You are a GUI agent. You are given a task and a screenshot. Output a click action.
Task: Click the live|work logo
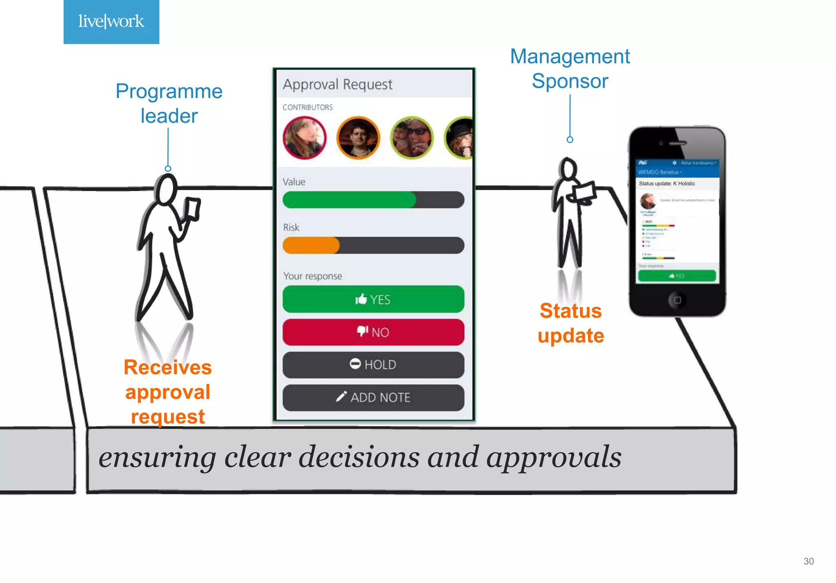point(111,22)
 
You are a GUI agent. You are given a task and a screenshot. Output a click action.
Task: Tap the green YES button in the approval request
point(373,299)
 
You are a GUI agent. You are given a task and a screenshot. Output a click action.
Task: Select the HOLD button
point(373,365)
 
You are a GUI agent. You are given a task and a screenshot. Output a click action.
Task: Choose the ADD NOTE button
point(373,397)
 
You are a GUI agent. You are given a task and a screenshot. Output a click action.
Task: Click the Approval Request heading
point(338,85)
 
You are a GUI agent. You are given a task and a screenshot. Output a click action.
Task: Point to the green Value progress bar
point(349,200)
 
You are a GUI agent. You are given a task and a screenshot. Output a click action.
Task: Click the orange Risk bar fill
point(311,245)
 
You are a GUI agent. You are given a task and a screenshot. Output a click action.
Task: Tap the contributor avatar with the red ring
point(305,138)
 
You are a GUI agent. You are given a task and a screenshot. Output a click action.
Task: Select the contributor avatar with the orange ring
point(358,138)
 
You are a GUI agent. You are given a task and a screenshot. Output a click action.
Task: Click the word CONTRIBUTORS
point(308,107)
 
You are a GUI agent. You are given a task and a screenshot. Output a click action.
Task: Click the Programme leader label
point(169,103)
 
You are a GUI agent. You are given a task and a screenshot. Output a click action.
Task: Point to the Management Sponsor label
point(570,69)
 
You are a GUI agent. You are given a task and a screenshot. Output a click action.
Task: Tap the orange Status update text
point(571,323)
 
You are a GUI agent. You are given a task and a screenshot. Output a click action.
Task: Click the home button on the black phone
point(677,300)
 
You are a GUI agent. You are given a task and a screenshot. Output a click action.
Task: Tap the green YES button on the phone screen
point(677,276)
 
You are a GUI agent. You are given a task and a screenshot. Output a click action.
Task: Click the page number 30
point(808,561)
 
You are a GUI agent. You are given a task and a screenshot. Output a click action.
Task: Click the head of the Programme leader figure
point(167,189)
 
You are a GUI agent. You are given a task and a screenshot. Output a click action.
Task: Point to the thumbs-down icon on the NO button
point(362,331)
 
